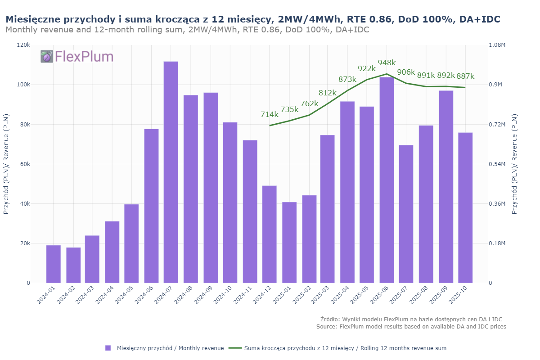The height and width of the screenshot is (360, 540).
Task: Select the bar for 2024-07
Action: [171, 172]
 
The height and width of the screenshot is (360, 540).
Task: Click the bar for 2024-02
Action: [73, 265]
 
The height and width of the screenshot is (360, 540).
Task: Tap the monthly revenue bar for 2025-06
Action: [387, 180]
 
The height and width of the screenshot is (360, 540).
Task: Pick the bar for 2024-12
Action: [269, 234]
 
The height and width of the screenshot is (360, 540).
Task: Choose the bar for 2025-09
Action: [446, 187]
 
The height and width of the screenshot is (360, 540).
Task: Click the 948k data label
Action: [387, 63]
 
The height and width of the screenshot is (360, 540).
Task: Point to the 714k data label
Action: [270, 114]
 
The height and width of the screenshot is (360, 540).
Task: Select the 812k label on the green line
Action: [327, 93]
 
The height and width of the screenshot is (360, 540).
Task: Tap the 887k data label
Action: [465, 76]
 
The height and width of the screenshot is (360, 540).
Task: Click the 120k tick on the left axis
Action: [24, 45]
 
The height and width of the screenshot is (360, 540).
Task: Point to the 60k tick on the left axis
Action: [25, 164]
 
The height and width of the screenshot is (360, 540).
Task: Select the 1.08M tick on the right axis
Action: [497, 45]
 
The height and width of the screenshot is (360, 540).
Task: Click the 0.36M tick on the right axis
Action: [497, 204]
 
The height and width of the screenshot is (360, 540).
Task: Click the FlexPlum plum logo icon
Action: [47, 56]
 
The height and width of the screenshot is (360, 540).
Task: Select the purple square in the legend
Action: [108, 348]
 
